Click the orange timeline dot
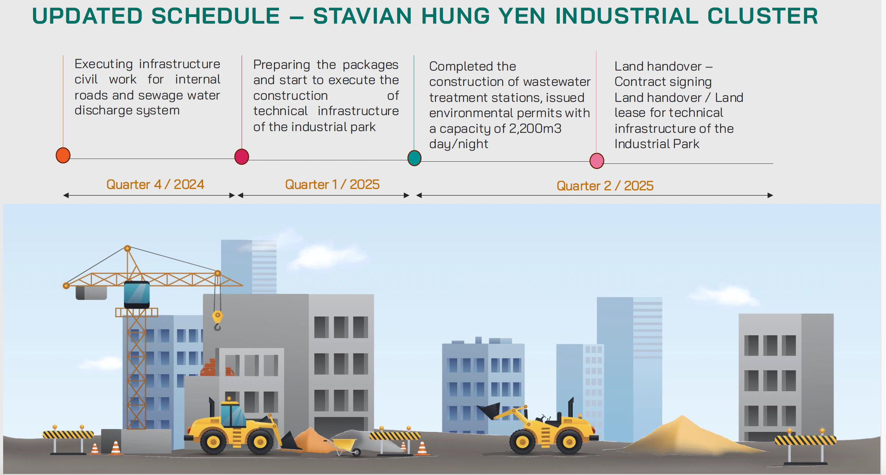tap(63, 155)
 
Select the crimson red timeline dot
tap(242, 156)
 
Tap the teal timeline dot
tap(414, 158)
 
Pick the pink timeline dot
tap(597, 161)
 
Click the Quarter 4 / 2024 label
tap(155, 184)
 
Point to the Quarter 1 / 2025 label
tap(332, 184)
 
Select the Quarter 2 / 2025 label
tap(605, 186)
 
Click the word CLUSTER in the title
tap(763, 16)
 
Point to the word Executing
tap(104, 64)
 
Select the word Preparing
tap(282, 65)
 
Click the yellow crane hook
tap(217, 320)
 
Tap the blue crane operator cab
tap(137, 294)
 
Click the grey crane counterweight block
tap(91, 293)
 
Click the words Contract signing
tap(663, 82)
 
